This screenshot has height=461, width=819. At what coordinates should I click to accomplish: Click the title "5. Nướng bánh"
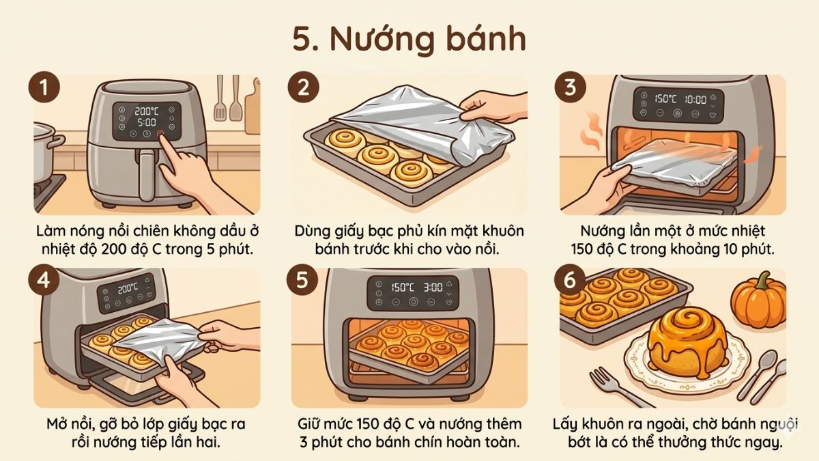coord(409,40)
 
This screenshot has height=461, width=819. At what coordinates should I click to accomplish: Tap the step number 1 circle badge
coord(44,89)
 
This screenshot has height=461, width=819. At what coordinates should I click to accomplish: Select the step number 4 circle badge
coord(44,283)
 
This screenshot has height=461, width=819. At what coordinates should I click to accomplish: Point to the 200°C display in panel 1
coord(145,111)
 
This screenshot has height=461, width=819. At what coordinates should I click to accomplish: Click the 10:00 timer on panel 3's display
coord(694,100)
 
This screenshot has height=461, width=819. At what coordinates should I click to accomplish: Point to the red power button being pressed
coord(161,135)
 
